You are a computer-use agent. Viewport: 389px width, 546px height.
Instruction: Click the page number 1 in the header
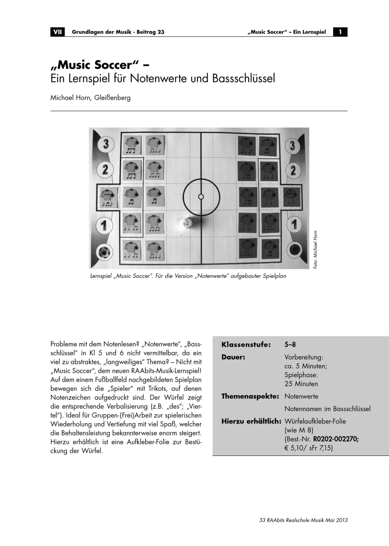tap(340, 32)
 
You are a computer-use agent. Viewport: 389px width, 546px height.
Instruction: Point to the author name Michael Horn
tap(71, 97)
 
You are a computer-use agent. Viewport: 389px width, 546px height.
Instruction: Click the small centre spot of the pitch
tap(201, 197)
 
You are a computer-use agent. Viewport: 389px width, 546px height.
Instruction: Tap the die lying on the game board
tap(187, 223)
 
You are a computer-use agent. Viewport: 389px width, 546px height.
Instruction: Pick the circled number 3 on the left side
tap(106, 145)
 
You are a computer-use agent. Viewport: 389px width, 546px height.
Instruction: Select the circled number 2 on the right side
tap(293, 171)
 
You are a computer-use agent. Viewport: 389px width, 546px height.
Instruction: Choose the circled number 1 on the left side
tap(105, 225)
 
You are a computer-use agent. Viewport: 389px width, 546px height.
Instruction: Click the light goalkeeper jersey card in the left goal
tap(108, 197)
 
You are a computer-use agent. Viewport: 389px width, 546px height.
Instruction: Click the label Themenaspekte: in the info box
tap(250, 396)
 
